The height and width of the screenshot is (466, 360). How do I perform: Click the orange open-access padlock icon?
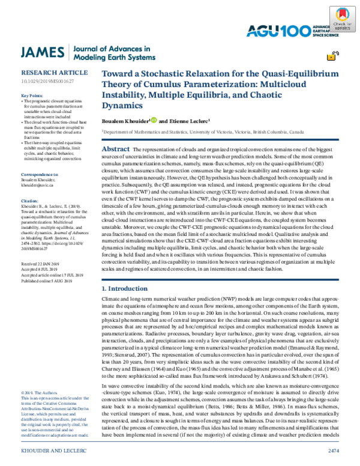(x=331, y=57)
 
